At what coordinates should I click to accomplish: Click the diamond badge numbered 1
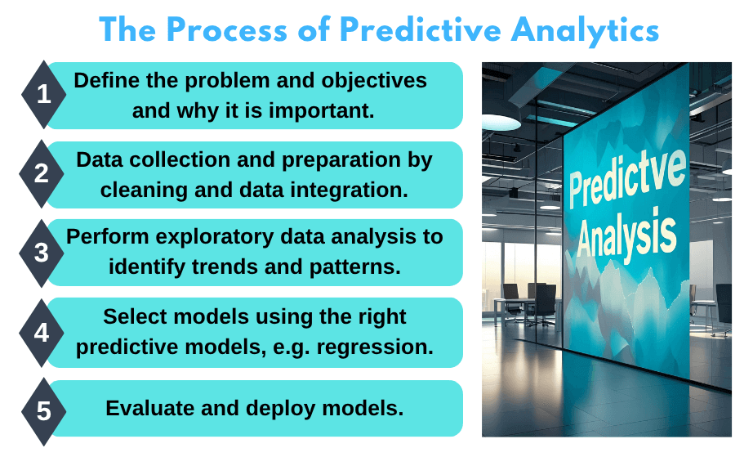(43, 95)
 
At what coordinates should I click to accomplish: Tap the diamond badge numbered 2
(43, 173)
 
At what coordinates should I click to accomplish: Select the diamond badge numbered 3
(43, 253)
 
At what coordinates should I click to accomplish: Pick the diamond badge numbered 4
(43, 333)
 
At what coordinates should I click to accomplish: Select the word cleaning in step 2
(138, 190)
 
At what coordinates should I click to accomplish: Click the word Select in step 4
(133, 316)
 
